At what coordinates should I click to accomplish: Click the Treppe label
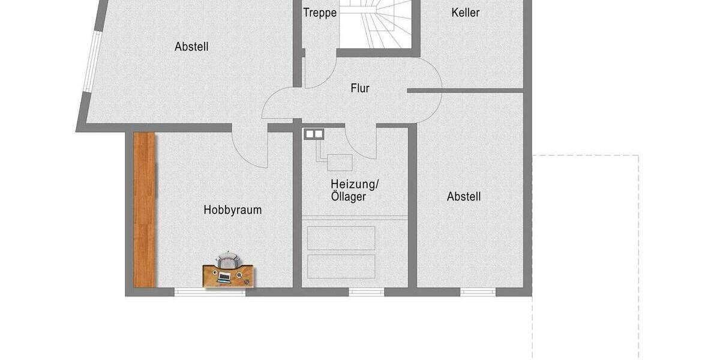(320, 13)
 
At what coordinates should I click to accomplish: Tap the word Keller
(466, 12)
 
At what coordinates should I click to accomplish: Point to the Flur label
(360, 89)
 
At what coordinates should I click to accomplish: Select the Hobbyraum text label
(232, 210)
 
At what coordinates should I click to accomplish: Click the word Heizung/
(356, 184)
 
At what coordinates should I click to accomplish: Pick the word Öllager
(349, 197)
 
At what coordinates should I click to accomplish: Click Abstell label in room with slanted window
(191, 46)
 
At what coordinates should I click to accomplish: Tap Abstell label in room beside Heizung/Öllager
(464, 196)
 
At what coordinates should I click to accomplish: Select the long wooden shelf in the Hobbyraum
(145, 209)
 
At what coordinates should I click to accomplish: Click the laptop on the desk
(224, 277)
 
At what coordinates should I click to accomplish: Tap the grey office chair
(227, 260)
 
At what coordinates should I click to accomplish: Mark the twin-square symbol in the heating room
(314, 134)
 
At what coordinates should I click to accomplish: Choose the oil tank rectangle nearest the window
(341, 266)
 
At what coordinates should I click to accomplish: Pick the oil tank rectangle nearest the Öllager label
(341, 238)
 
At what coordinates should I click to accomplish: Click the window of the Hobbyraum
(210, 292)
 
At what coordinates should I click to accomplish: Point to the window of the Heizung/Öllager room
(367, 292)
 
